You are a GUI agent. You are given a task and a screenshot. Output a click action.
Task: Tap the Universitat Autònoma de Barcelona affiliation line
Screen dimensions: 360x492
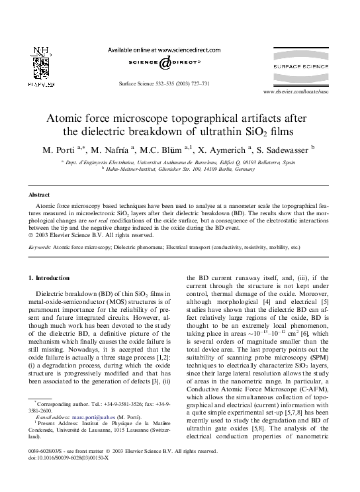pos(180,162)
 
